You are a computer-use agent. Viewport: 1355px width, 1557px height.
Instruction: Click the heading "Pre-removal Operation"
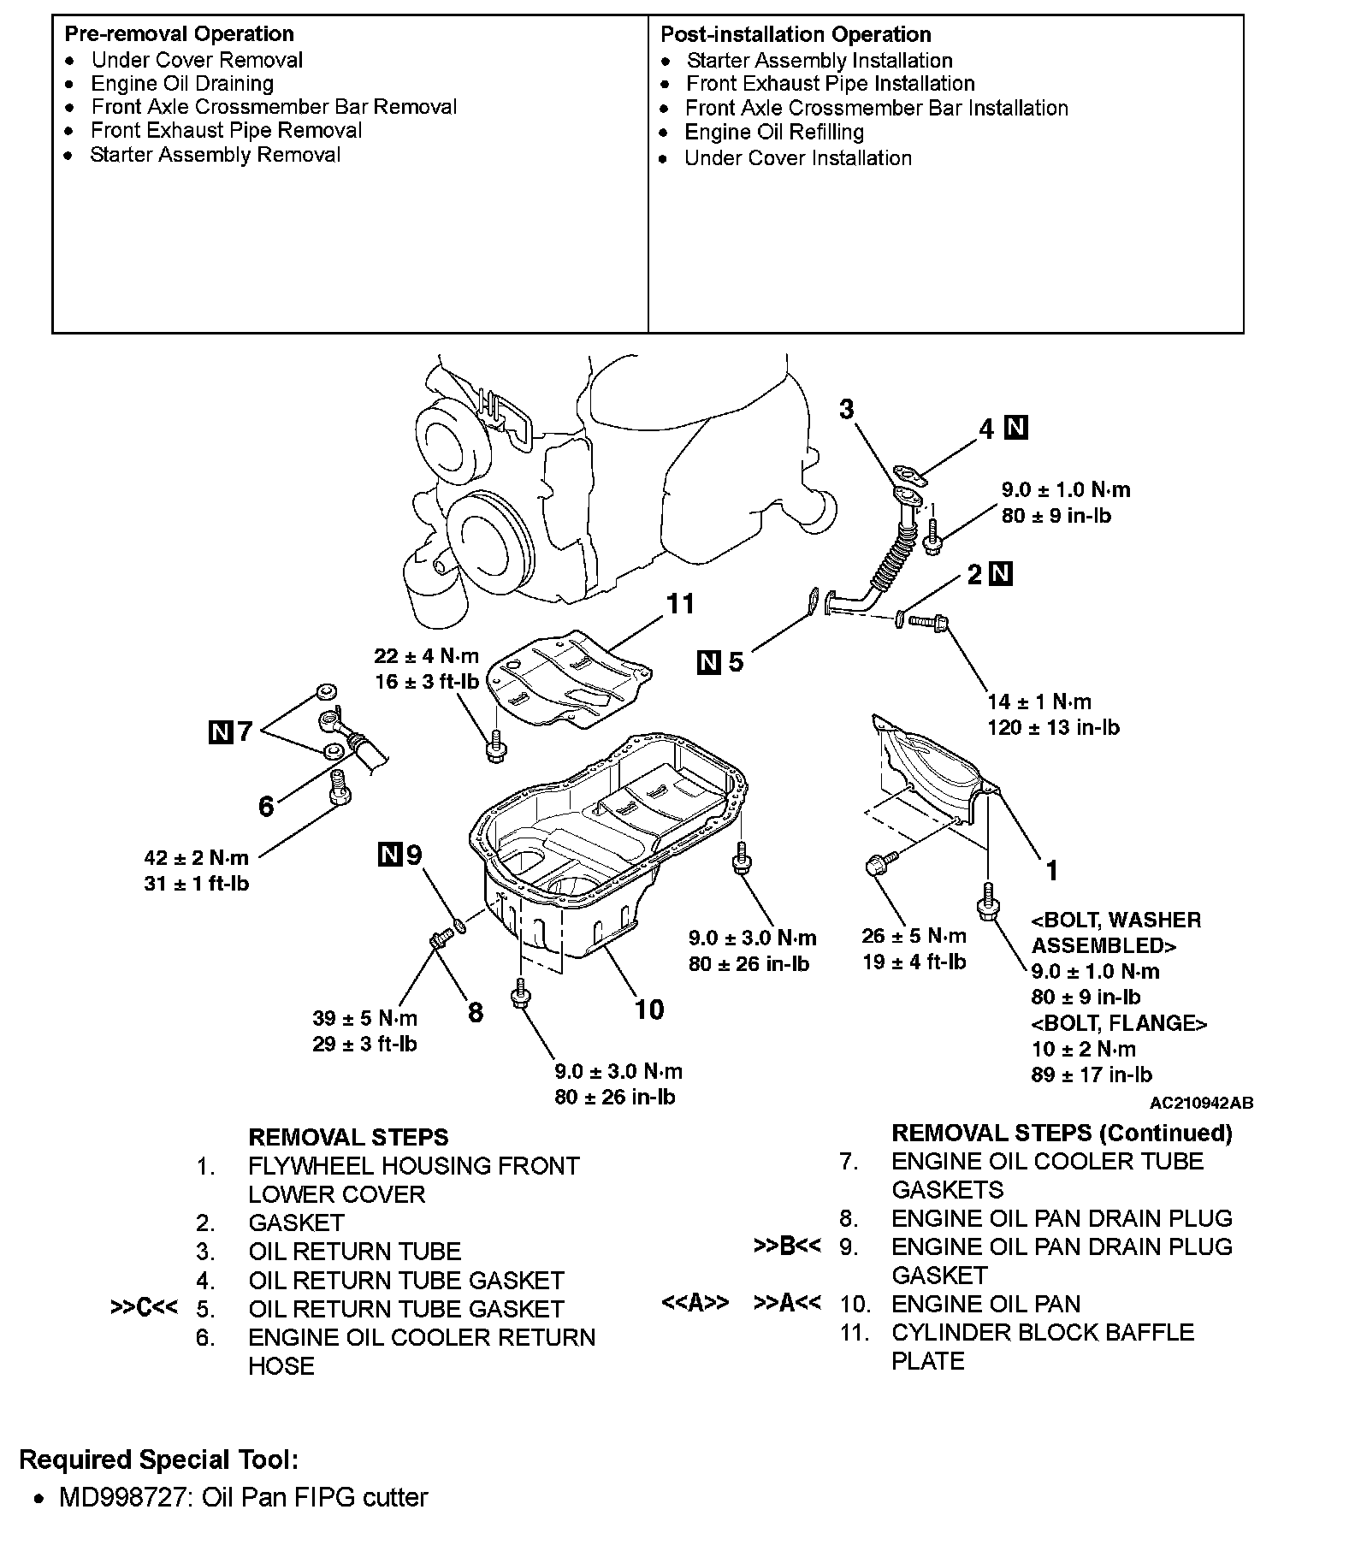179,34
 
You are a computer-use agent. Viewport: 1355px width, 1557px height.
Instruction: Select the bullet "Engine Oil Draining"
182,84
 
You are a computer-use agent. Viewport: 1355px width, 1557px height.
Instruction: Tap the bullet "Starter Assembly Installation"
819,61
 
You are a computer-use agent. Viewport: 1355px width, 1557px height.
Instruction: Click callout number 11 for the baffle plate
680,604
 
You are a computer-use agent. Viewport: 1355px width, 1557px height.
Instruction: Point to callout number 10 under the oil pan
649,1009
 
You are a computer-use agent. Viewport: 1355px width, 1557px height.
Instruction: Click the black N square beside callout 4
1015,428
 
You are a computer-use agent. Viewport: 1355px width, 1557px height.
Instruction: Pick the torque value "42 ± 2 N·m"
197,858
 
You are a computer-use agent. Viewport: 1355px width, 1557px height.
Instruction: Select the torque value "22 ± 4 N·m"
426,656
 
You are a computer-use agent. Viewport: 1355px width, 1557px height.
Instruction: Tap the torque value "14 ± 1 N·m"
1039,702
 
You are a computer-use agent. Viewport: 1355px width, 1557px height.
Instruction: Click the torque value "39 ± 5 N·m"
364,1018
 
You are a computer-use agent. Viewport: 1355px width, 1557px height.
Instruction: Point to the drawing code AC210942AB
1201,1103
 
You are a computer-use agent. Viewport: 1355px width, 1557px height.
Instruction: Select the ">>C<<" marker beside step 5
144,1309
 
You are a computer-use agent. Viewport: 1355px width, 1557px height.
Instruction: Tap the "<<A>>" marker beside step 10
695,1303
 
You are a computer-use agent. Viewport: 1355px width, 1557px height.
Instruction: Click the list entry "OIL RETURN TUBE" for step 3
354,1252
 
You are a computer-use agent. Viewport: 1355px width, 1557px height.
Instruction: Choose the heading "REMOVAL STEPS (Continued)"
1062,1134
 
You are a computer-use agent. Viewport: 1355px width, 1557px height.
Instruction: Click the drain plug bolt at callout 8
441,940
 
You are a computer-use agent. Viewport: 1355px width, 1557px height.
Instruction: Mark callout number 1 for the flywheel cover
1052,871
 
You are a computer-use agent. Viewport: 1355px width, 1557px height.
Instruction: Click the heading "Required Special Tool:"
159,1459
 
